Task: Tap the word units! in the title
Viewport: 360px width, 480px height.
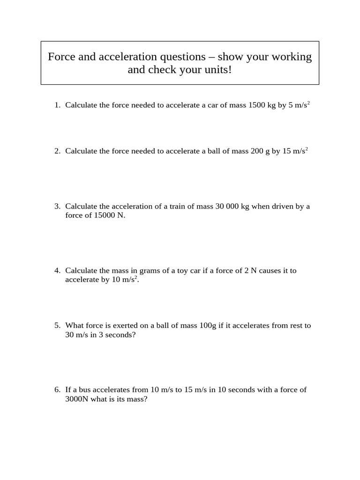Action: pos(217,70)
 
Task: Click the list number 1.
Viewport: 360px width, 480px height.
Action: pos(57,105)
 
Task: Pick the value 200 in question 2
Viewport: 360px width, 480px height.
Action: pos(258,151)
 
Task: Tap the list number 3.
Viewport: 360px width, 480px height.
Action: pos(57,206)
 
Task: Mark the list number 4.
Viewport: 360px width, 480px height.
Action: pos(57,270)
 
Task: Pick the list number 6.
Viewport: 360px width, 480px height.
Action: pos(57,390)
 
